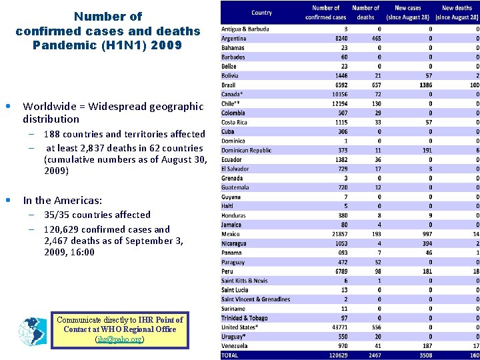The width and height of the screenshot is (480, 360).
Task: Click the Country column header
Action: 261,13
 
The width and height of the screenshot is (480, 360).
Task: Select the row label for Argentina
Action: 234,39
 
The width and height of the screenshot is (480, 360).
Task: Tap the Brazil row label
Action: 229,85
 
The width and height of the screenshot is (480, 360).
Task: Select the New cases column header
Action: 408,12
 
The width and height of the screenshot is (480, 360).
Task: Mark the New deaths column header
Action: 457,12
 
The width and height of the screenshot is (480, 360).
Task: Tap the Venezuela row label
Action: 235,346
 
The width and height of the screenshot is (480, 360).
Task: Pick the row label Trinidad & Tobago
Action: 244,318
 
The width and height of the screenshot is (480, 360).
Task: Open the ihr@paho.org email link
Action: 120,339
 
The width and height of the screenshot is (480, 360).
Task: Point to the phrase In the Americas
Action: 63,200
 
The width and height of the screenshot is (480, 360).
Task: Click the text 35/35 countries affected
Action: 97,215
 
